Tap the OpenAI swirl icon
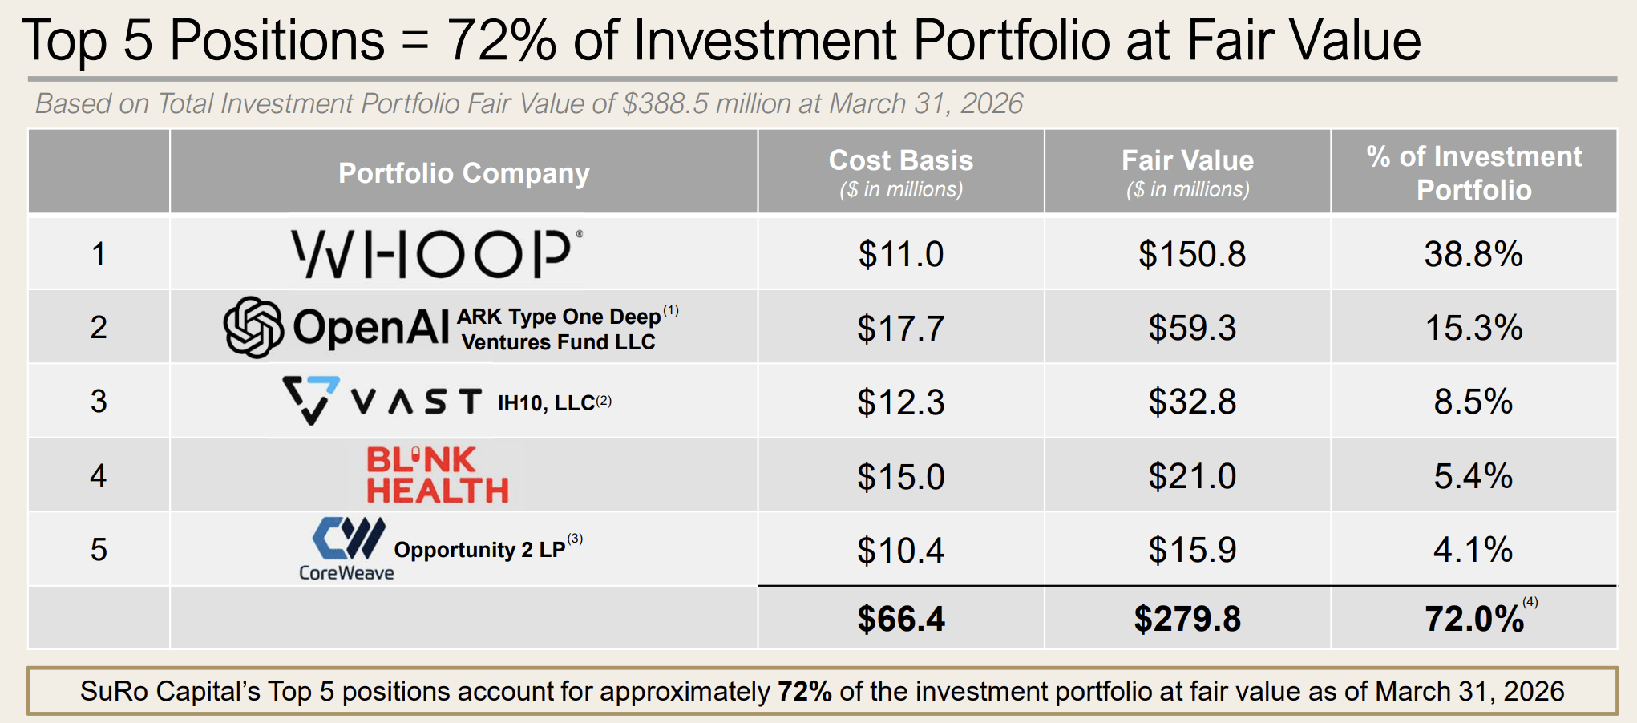pos(253,327)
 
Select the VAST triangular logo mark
pos(311,400)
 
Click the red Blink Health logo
pos(438,475)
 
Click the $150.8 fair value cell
pos(1192,254)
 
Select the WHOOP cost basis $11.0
pos(901,254)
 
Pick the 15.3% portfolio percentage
pos(1473,328)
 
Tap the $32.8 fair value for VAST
pos(1192,402)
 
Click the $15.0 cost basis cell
pos(901,476)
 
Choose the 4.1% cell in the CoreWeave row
pos(1473,550)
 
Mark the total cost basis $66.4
pos(901,619)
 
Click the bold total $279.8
pos(1187,619)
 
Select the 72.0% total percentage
pos(1474,619)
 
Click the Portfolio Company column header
pos(464,173)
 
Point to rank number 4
pos(99,475)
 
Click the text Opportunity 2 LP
pos(480,550)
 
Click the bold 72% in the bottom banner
pos(804,691)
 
